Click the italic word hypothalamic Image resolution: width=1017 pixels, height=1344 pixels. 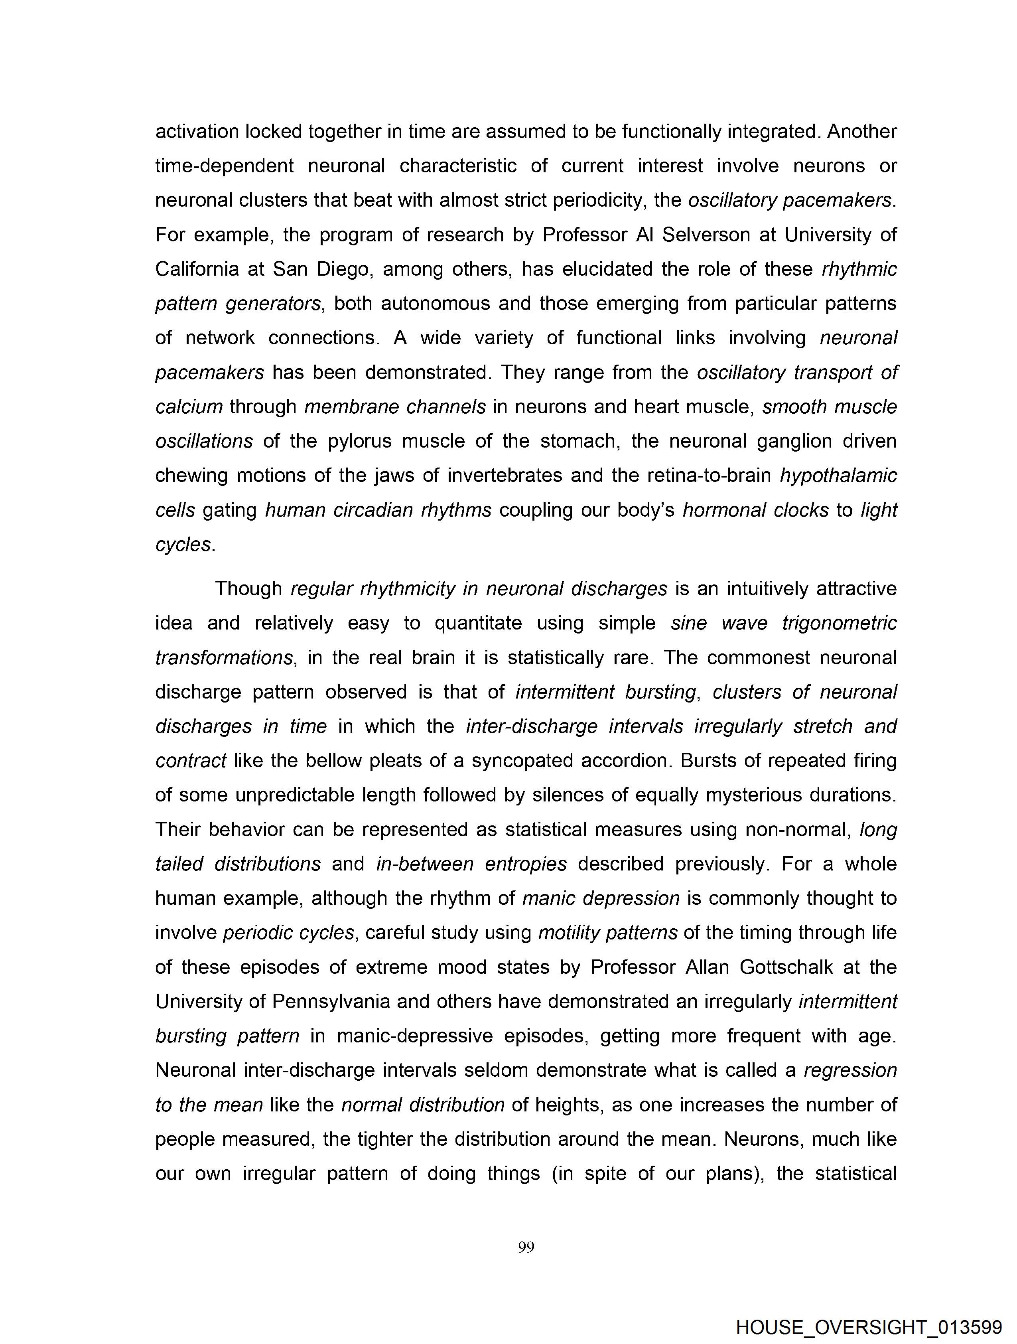[x=838, y=475]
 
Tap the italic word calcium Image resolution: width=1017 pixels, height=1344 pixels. [x=189, y=407]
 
